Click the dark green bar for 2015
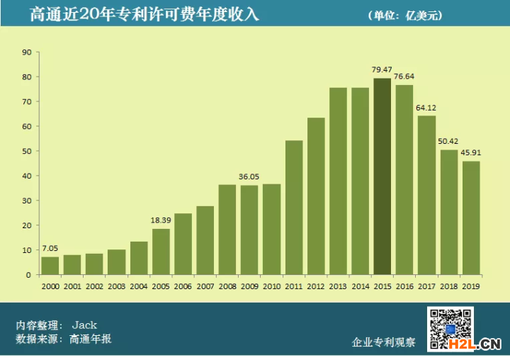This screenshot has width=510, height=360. click(382, 176)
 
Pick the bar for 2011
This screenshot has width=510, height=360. click(294, 208)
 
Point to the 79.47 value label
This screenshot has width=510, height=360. click(382, 69)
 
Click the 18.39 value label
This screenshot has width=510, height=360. click(161, 220)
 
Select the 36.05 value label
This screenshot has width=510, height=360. click(249, 176)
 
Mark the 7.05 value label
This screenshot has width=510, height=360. click(50, 249)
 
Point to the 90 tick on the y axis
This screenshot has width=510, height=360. click(27, 52)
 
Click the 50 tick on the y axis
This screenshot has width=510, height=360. click(27, 151)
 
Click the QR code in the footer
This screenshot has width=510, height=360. click(450, 330)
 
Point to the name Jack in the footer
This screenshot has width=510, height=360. click(84, 325)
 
